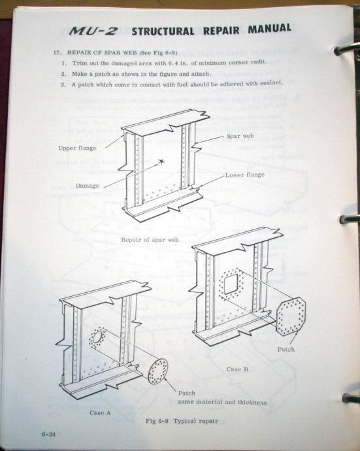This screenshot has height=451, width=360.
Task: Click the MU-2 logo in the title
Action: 93,31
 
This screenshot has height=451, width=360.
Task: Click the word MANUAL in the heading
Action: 269,29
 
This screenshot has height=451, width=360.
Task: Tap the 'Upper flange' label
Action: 77,148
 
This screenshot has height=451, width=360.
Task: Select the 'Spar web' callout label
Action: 240,136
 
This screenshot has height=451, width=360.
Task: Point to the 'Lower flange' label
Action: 245,175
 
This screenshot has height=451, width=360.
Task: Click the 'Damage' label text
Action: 87,186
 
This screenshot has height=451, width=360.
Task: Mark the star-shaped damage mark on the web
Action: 161,161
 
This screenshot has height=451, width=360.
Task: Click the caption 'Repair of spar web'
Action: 150,240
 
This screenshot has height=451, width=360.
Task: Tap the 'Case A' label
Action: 100,412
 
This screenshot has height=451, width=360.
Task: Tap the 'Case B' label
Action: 237,369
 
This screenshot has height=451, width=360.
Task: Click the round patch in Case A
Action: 158,371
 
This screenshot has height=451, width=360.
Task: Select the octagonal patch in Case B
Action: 290,316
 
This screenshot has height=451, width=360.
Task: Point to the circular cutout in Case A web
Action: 97,337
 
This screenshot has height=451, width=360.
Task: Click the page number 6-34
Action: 48,434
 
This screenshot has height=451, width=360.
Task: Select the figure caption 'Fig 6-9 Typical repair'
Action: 182,421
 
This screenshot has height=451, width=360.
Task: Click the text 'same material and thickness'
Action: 222,402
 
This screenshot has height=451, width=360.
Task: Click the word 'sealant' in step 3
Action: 271,83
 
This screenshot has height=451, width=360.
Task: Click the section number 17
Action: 56,53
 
